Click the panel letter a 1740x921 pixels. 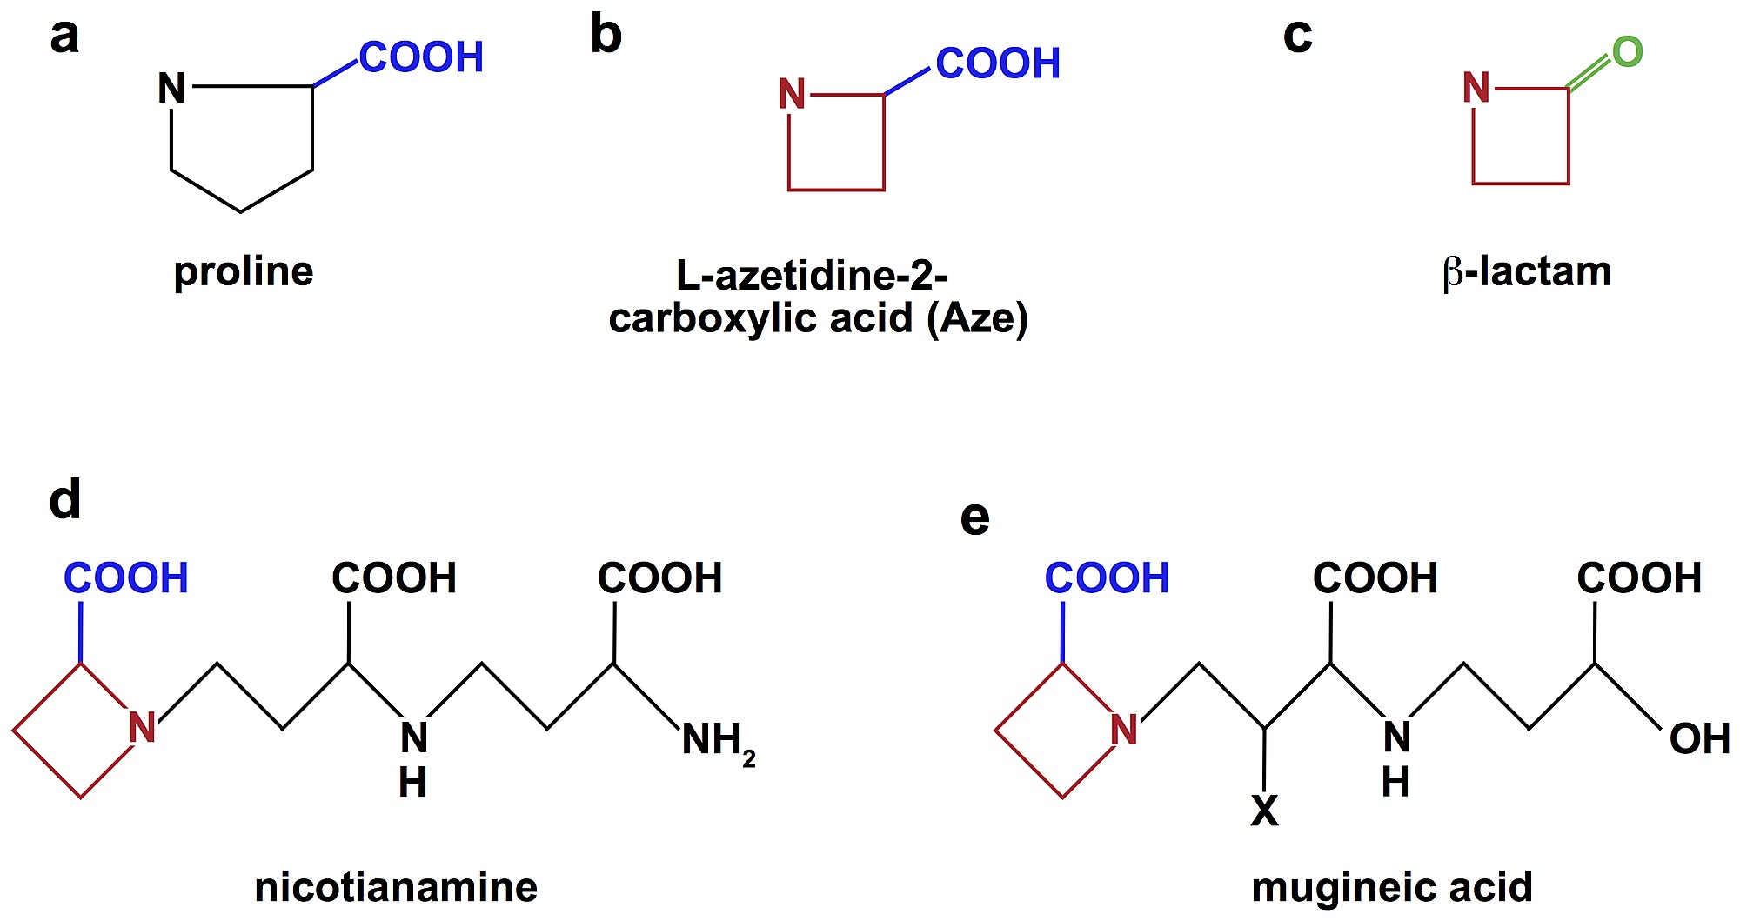pyautogui.click(x=64, y=37)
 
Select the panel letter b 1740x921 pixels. pyautogui.click(x=606, y=36)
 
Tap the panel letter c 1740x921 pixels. pyautogui.click(x=1297, y=37)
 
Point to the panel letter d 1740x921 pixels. pyautogui.click(x=65, y=500)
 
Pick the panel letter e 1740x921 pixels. pyautogui.click(x=974, y=517)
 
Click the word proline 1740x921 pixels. pyautogui.click(x=244, y=272)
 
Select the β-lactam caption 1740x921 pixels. pyautogui.click(x=1527, y=272)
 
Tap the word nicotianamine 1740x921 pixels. pyautogui.click(x=396, y=888)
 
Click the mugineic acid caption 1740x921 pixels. pyautogui.click(x=1392, y=888)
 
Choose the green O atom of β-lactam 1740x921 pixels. pyautogui.click(x=1627, y=52)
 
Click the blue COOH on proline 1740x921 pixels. pyautogui.click(x=421, y=58)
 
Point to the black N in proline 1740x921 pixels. pyautogui.click(x=171, y=88)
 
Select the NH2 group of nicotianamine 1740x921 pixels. pyautogui.click(x=718, y=742)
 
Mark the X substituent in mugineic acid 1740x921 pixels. pyautogui.click(x=1264, y=811)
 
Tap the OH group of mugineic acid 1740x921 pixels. pyautogui.click(x=1699, y=739)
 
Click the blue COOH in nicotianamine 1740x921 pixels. pyautogui.click(x=126, y=578)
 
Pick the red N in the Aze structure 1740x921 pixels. pyautogui.click(x=792, y=94)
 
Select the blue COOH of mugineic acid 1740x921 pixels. pyautogui.click(x=1107, y=578)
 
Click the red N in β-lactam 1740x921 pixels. pyautogui.click(x=1476, y=88)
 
